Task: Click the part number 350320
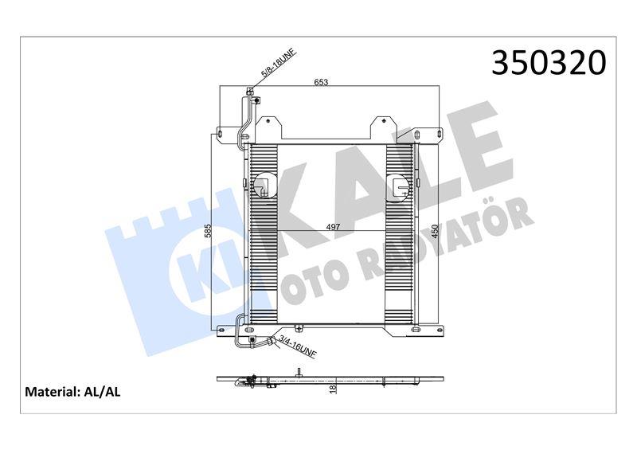click(x=549, y=63)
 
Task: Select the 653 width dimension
click(x=321, y=82)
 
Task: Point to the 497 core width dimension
click(x=334, y=227)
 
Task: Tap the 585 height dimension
click(x=209, y=232)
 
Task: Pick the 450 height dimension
click(x=434, y=230)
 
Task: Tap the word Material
click(x=51, y=392)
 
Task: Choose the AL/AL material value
click(x=101, y=392)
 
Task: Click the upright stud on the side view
click(x=298, y=370)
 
